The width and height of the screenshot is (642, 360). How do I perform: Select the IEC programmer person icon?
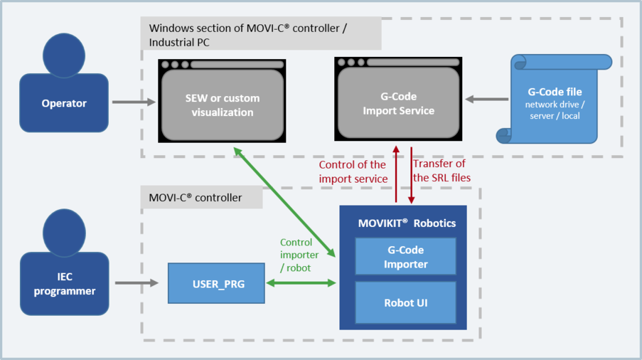click(64, 268)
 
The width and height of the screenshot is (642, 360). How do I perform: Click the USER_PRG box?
click(216, 283)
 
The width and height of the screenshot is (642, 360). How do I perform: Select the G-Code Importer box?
click(405, 256)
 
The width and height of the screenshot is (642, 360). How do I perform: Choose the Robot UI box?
click(405, 302)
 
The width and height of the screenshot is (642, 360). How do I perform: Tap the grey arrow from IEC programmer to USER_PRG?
click(136, 283)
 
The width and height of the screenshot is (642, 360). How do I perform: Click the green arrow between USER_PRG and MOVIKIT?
click(301, 283)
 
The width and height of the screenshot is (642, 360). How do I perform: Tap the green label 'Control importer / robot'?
click(296, 255)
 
